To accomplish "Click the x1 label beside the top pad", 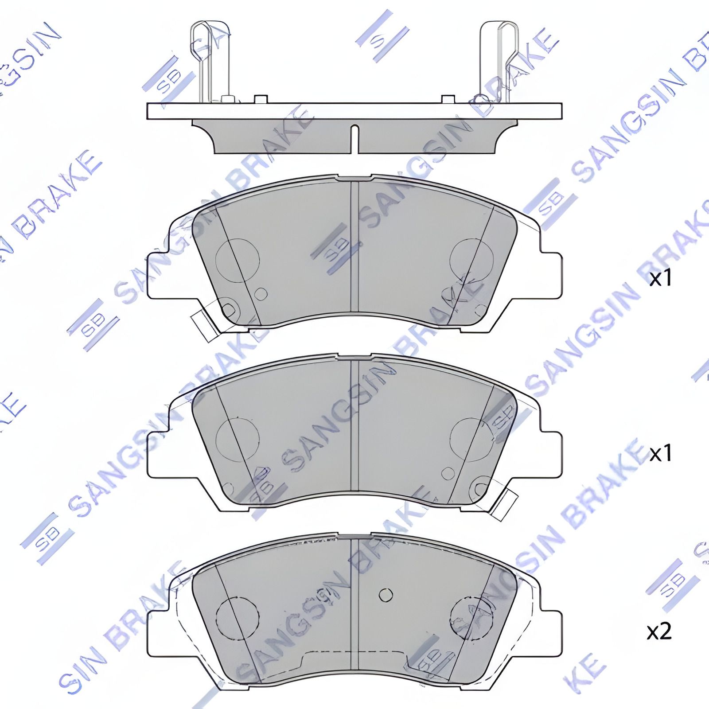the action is pyautogui.click(x=660, y=279).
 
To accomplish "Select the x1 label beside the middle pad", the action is pyautogui.click(x=660, y=453).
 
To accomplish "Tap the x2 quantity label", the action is pyautogui.click(x=659, y=632).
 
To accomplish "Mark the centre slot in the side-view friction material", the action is pyautogui.click(x=354, y=139).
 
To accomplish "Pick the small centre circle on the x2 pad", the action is pyautogui.click(x=386, y=595).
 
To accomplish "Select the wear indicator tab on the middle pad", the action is pyautogui.click(x=504, y=505).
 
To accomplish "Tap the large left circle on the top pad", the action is pyautogui.click(x=237, y=261).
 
